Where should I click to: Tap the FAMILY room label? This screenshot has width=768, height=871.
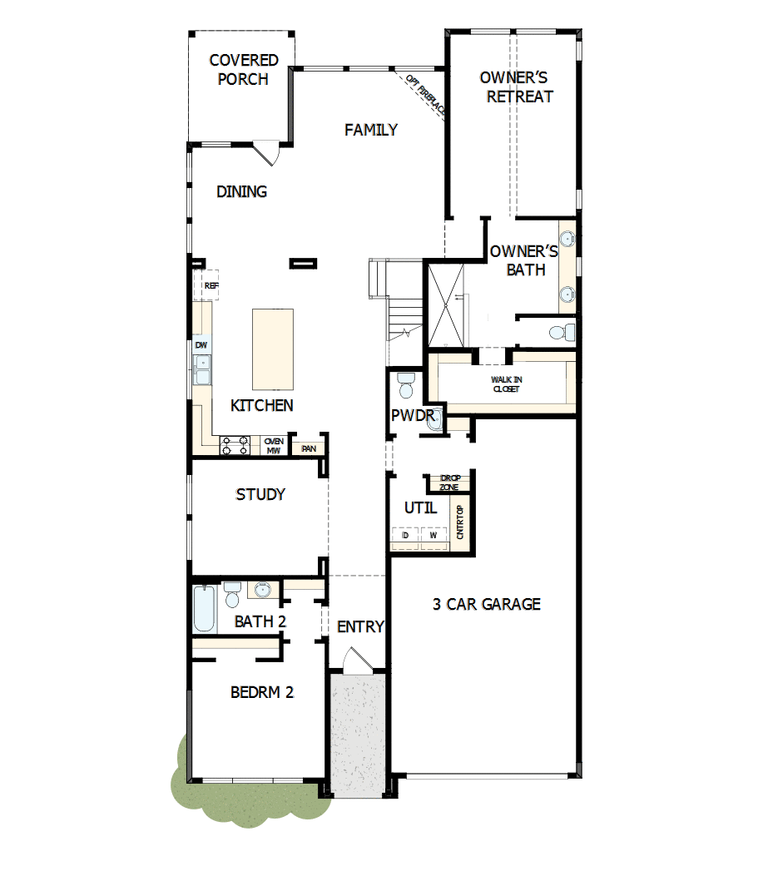coord(371,130)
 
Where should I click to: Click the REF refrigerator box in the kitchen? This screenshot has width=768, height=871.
coord(211,285)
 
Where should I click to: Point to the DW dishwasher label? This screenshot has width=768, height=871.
coord(201,345)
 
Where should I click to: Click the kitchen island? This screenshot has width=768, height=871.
coord(273,349)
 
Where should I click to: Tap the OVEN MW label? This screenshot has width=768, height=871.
coord(274,446)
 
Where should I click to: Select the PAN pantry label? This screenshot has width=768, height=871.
coord(309,448)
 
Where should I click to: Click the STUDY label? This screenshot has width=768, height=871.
coord(260,494)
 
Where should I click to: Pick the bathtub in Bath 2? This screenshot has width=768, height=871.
coord(204,609)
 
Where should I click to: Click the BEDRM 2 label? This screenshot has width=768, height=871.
coord(262,691)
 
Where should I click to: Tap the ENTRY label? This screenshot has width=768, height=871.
coord(360,626)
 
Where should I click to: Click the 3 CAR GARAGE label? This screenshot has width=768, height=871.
coord(487,604)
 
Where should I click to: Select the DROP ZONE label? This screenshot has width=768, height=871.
coord(449,483)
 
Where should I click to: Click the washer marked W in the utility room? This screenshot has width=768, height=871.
coord(433,537)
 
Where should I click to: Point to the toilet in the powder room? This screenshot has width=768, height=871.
coord(406,385)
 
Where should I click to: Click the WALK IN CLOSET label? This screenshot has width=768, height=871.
coord(506,384)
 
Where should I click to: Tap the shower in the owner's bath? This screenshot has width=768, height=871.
coord(447,304)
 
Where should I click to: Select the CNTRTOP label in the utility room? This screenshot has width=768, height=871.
coord(460,523)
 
